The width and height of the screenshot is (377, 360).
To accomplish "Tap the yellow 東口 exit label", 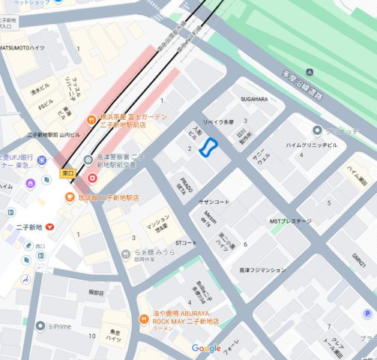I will (67, 173).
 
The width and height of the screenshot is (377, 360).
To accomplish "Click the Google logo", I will (205, 348).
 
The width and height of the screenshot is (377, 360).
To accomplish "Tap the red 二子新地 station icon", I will (49, 226).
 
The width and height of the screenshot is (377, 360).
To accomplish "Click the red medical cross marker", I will (92, 178).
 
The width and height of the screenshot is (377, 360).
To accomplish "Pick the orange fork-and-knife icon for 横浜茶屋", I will (91, 118).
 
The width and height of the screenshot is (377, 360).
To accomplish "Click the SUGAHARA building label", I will (253, 99).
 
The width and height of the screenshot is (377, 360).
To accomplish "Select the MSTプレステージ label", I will (290, 221).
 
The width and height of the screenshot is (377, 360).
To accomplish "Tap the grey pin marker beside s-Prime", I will (41, 326).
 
